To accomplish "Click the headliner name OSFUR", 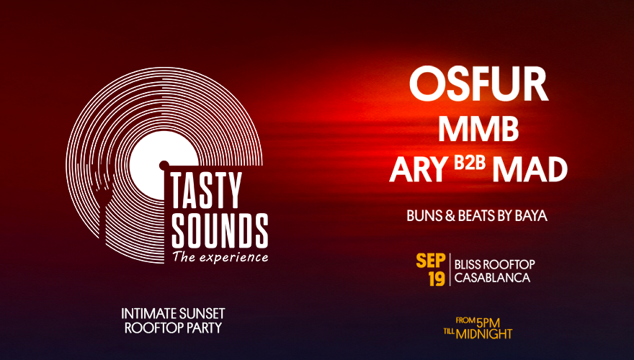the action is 478,84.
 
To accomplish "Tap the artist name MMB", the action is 478,129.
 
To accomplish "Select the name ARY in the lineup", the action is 419,169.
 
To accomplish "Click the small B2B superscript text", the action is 470,163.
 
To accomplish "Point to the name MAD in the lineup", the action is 530,169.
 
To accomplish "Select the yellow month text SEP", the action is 431,261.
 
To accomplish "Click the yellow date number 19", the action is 437,279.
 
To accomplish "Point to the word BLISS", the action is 468,265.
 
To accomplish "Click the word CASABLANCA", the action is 492,278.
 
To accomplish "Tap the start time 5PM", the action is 488,323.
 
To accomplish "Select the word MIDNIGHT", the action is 484,334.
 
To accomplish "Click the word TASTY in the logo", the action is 206,190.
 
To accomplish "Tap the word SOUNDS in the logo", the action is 220,230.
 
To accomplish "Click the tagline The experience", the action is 220,257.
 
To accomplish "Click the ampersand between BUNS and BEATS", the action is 450,216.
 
